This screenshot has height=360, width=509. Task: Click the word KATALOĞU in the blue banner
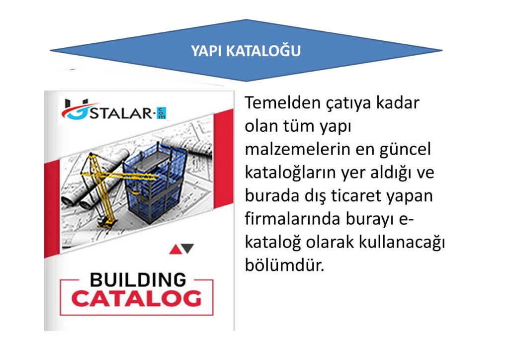point(263,51)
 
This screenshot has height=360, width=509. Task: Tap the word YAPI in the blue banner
point(206,51)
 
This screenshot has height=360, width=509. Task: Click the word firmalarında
point(292,219)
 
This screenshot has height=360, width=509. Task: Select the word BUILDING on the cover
point(138,280)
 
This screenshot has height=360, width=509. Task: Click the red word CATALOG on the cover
point(136,299)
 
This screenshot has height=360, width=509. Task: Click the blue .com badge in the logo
point(162,113)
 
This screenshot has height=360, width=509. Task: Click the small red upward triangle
point(175,249)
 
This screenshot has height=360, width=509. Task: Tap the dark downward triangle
point(188,248)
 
